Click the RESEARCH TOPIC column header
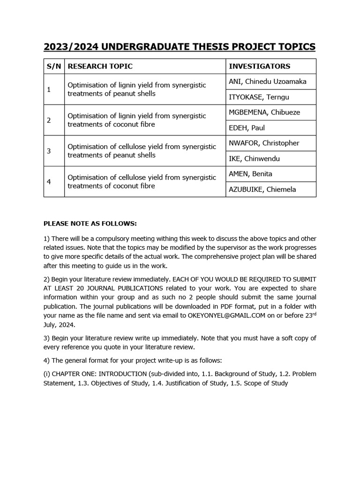pos(100,66)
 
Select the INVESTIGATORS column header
pos(259,66)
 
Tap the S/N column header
pos(54,66)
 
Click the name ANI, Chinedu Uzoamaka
pos(267,82)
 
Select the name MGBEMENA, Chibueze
pos(264,112)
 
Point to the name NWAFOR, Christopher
pos(264,143)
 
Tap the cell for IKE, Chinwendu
pos(254,159)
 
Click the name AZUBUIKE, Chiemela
pos(262,190)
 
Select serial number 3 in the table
pos(49,151)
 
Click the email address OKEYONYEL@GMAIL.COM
pos(226,315)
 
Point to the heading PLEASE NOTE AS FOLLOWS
pos(90,223)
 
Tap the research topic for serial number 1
pos(137,89)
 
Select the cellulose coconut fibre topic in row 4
pos(142,181)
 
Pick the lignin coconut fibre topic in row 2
pos(137,120)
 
